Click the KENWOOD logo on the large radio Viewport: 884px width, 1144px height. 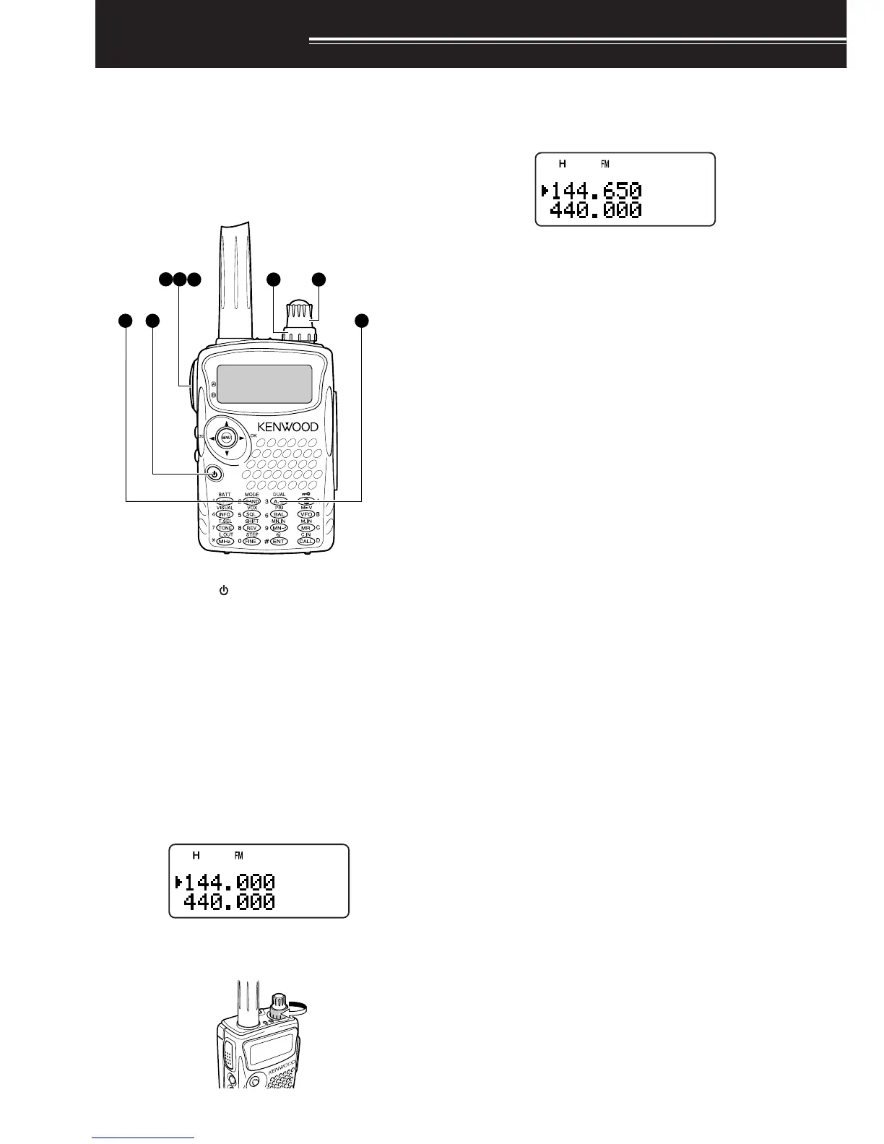287,427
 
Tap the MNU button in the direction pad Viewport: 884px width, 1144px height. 226,438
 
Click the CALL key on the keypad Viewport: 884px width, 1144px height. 306,541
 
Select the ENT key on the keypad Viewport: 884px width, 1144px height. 279,541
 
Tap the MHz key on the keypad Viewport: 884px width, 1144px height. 224,541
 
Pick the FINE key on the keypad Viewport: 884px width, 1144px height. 251,541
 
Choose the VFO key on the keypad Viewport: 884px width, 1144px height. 306,514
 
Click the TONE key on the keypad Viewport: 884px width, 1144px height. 224,528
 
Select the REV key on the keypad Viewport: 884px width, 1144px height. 251,528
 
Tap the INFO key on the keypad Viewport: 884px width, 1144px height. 224,514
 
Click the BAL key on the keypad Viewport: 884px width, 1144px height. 279,514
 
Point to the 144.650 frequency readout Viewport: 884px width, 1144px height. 596,191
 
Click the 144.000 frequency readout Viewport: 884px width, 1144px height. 230,883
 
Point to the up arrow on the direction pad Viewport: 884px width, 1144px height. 226,423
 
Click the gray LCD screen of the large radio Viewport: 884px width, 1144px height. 265,383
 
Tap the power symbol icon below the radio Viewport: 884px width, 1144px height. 224,591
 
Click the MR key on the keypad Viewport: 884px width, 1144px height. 306,528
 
